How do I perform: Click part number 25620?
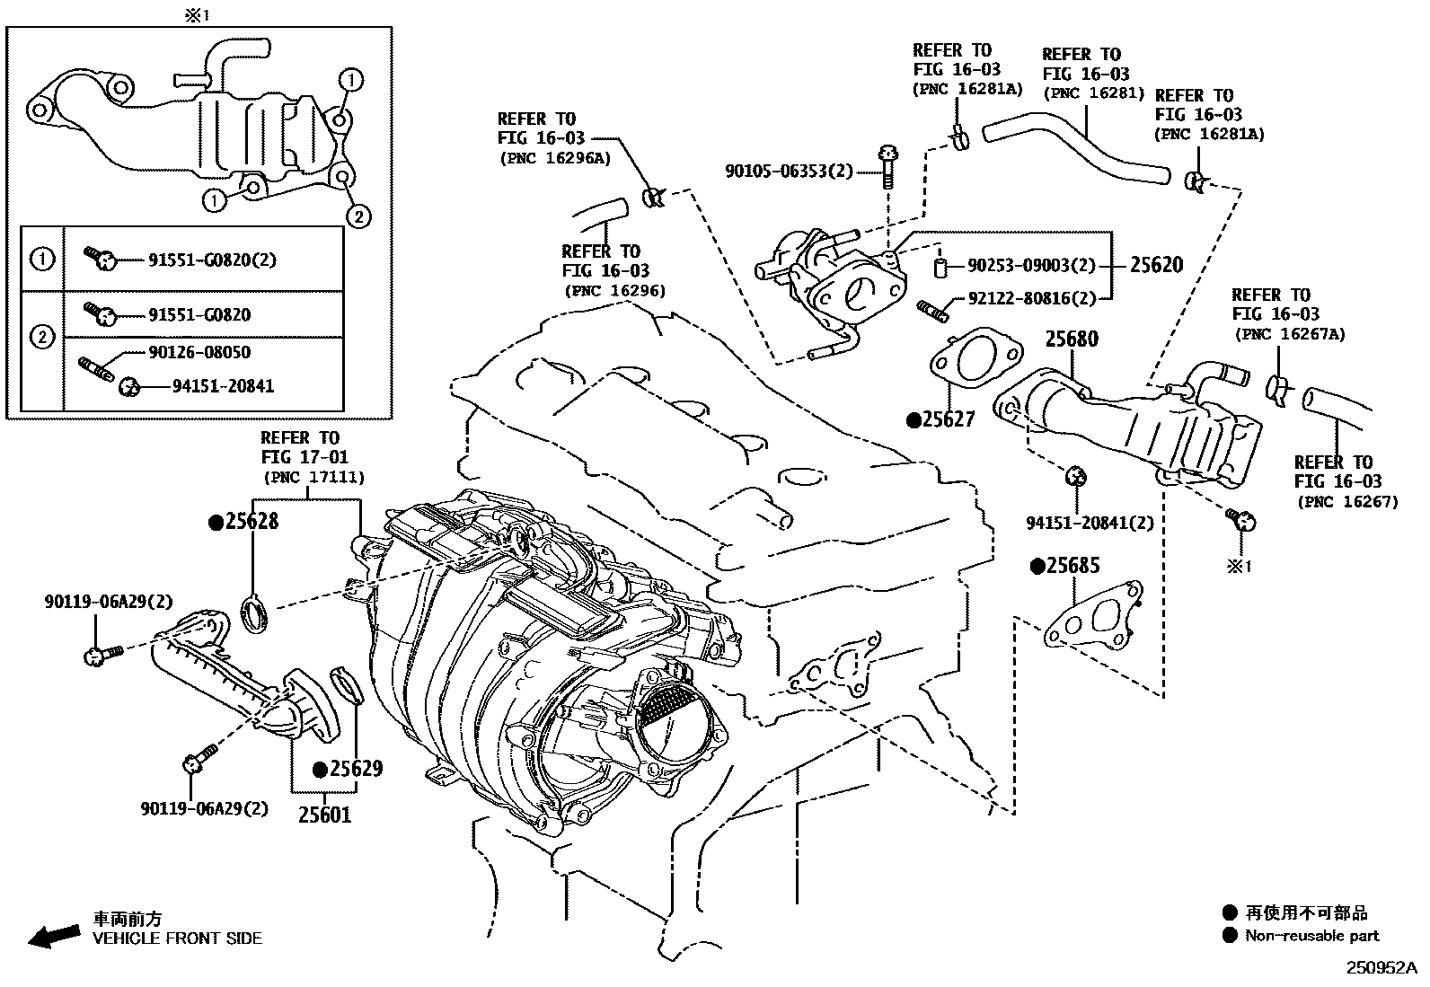pyautogui.click(x=1156, y=265)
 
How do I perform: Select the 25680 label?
pyautogui.click(x=1072, y=339)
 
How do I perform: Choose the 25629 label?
pyautogui.click(x=354, y=769)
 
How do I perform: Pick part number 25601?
pyautogui.click(x=325, y=815)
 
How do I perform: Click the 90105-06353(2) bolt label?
pyautogui.click(x=790, y=171)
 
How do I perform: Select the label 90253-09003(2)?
pyautogui.click(x=1032, y=266)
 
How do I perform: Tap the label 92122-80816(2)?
pyautogui.click(x=1032, y=299)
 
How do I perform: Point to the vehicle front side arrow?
pyautogui.click(x=53, y=936)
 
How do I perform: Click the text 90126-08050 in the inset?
pyautogui.click(x=199, y=352)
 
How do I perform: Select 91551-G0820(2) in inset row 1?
pyautogui.click(x=212, y=260)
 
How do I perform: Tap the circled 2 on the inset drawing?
pyautogui.click(x=357, y=216)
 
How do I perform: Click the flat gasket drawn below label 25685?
pyautogui.click(x=1094, y=617)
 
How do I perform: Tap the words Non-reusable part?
pyautogui.click(x=1311, y=936)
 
